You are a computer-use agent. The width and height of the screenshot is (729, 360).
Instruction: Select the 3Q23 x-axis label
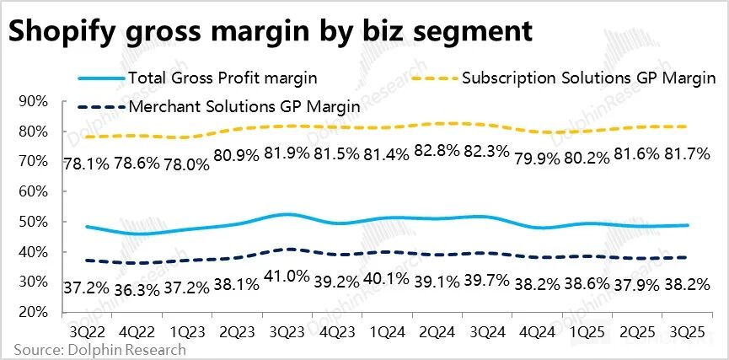(288, 325)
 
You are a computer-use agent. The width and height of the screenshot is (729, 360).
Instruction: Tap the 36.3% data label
(138, 288)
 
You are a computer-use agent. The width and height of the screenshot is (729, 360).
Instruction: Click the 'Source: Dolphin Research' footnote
(99, 348)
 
